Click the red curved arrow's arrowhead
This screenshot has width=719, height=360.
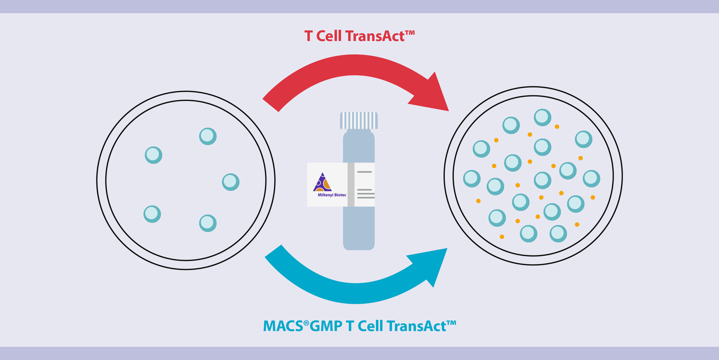click(433, 96)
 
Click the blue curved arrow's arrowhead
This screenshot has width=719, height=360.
click(431, 264)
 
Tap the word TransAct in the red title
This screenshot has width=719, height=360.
click(375, 36)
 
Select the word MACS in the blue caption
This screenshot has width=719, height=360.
click(283, 326)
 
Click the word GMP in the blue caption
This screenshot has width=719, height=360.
click(326, 326)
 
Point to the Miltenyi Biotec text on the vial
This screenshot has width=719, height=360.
click(332, 195)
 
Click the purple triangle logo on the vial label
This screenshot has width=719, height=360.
click(322, 183)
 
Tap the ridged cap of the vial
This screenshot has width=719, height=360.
click(359, 120)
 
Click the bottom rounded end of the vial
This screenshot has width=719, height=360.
click(359, 244)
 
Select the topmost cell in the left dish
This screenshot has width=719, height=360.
click(208, 136)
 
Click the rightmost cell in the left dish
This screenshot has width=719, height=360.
click(231, 182)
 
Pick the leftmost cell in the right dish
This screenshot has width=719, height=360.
click(472, 178)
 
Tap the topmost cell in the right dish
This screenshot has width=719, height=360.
click(542, 117)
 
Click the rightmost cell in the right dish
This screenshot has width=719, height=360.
click(592, 178)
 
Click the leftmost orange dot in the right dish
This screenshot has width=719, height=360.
click(478, 201)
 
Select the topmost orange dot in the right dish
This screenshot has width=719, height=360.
click(557, 127)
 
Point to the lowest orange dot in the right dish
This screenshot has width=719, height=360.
click(502, 237)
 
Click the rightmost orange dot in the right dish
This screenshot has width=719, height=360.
click(593, 197)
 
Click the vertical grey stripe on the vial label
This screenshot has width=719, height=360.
click(351, 184)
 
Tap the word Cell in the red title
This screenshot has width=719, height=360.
click(329, 36)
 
